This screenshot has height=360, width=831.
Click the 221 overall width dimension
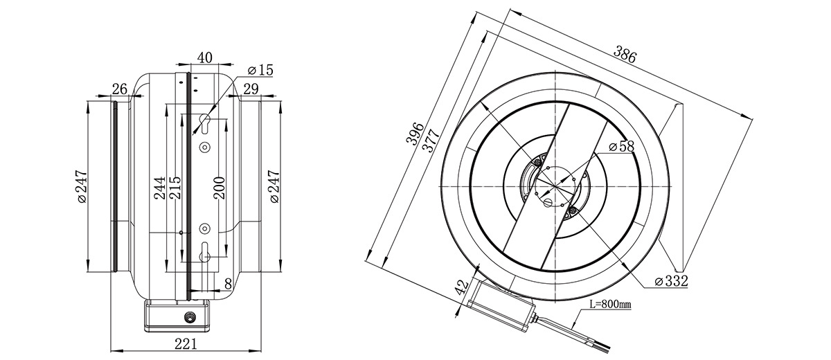186,344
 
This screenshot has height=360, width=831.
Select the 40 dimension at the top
204,58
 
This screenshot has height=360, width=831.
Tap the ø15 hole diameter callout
260,70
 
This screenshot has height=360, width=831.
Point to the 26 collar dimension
120,89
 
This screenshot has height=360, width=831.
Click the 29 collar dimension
251,89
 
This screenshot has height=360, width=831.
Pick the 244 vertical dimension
160,188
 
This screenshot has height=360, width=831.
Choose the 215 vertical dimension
175,188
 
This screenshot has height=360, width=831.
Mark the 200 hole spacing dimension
220,188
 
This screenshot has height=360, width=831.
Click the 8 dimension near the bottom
228,284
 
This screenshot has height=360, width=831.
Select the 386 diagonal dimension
625,54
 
